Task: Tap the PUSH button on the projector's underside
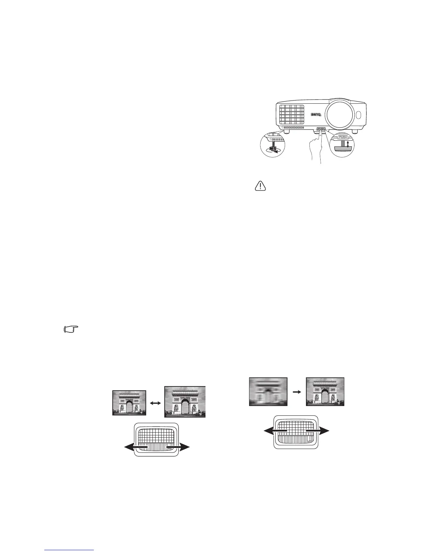(x=321, y=129)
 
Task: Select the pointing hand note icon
(x=71, y=329)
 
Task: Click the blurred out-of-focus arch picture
(x=268, y=392)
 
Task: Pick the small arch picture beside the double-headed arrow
(x=129, y=403)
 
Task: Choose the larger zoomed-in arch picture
(x=185, y=402)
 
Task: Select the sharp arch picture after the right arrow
(x=325, y=392)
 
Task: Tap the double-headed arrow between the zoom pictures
(x=155, y=403)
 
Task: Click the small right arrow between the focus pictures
(x=297, y=392)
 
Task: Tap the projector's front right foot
(x=354, y=132)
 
